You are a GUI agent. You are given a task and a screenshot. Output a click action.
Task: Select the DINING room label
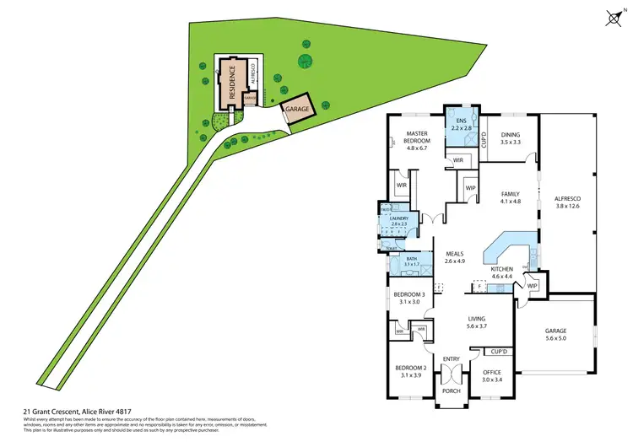[511, 138]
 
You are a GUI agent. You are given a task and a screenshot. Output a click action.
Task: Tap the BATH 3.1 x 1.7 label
[412, 262]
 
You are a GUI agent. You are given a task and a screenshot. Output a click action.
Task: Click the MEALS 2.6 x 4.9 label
[455, 257]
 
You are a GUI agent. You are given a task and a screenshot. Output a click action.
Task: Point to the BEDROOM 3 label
[409, 298]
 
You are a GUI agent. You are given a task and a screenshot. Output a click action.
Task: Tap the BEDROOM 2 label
[409, 371]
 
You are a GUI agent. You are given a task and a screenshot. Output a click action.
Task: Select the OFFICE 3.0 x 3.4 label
[492, 375]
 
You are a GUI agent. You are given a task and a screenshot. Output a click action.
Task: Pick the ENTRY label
[452, 359]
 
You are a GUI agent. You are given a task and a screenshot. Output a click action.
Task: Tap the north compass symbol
[614, 17]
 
